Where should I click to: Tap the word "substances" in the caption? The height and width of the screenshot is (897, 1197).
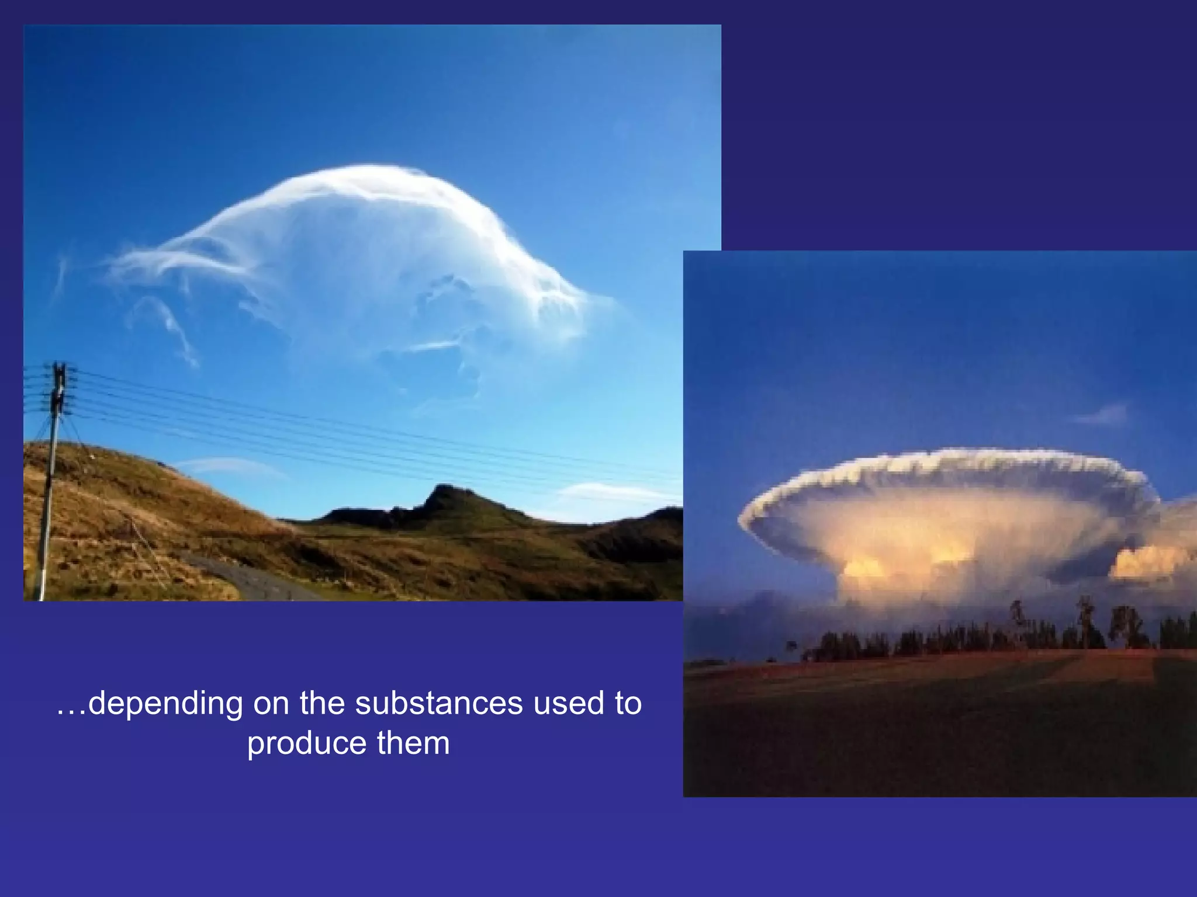439,704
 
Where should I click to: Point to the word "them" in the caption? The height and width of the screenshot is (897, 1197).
413,744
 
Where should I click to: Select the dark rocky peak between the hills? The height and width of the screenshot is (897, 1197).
447,502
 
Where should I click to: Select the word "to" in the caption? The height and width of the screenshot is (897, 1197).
628,704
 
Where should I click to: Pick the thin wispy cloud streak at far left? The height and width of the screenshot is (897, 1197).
60,274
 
